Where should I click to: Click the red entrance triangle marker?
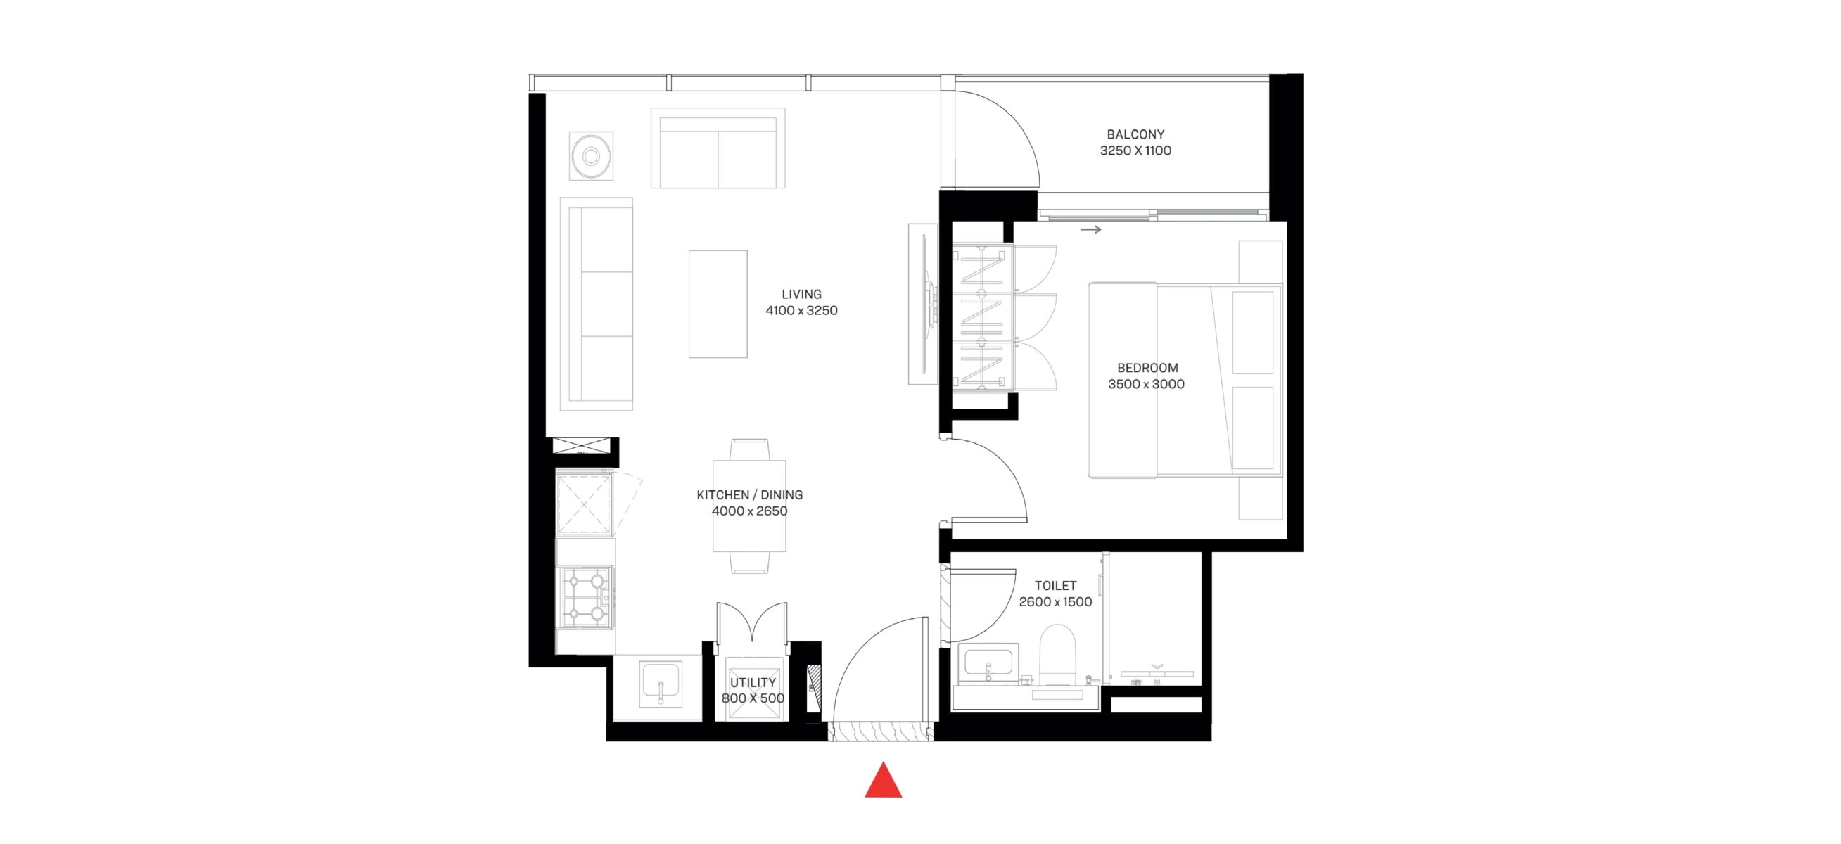tap(884, 780)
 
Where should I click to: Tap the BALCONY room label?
tap(1135, 134)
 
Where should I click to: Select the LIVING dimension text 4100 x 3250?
tap(801, 311)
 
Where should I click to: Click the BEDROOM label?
tap(1147, 368)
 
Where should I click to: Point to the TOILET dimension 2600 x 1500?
tap(1056, 603)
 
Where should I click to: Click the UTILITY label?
tap(753, 682)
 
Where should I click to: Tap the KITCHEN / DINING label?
tap(750, 494)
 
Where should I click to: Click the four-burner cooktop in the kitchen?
tap(587, 596)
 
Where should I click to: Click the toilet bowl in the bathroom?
tap(1057, 656)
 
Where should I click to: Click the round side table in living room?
tap(591, 156)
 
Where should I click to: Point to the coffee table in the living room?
tap(718, 304)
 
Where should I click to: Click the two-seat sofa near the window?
tap(718, 148)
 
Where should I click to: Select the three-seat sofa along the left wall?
tap(597, 305)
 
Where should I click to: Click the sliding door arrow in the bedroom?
tap(1090, 229)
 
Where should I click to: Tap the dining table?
tap(750, 506)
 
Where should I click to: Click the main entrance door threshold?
tap(881, 731)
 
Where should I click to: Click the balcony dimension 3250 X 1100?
tap(1135, 151)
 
